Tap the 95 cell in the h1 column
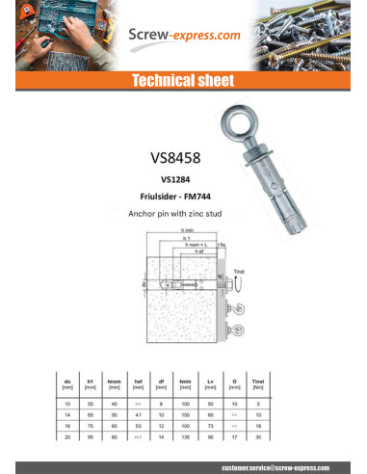pos(92,438)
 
